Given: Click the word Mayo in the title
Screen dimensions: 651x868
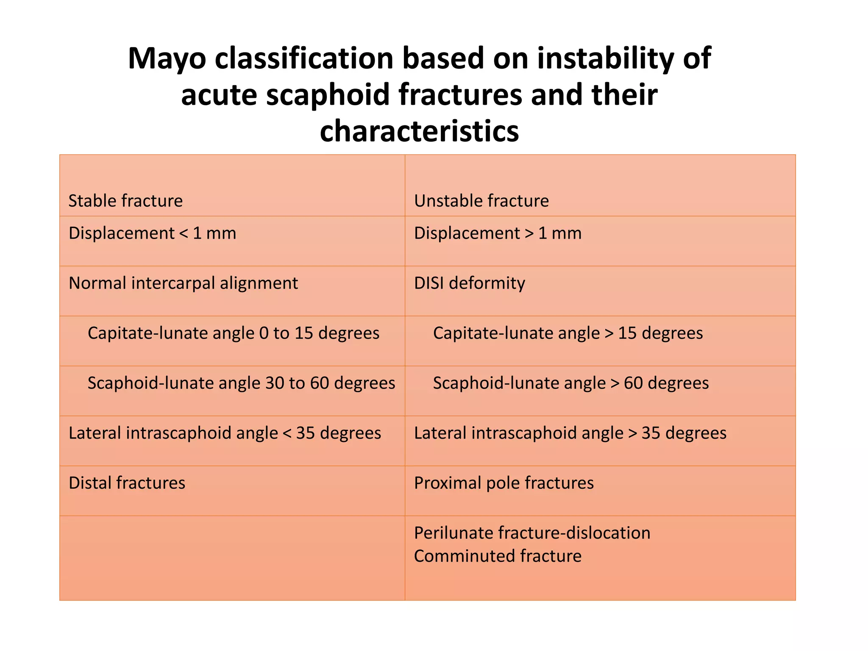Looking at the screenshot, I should coord(167,58).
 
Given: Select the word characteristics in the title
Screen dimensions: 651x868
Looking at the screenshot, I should coord(419,131).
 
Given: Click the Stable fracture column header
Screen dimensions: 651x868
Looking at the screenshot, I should coord(125,201).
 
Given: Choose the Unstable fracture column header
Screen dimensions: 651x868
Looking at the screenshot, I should coord(481,201).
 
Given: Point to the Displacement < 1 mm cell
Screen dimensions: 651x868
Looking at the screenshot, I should coord(152,234).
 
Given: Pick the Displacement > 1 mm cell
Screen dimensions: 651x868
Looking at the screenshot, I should coord(498,234).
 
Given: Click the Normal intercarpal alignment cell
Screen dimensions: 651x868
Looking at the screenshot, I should coord(183,283).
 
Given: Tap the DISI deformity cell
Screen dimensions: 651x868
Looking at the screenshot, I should coord(469,283).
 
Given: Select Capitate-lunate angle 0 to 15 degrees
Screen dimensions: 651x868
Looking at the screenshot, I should coord(233,333).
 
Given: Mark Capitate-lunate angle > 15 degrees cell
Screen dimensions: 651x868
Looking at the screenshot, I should coord(568,333).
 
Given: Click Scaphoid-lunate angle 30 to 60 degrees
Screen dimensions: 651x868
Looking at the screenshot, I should coord(241,383).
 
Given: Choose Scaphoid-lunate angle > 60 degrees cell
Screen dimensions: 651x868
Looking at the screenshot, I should coord(570,383).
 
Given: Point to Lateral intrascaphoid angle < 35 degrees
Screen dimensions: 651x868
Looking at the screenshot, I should coord(225,433).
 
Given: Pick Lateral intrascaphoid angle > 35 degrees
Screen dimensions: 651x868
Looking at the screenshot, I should coord(570,433).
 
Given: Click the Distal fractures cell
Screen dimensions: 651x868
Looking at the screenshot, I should coord(127,483).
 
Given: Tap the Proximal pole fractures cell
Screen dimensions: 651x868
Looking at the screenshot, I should coord(504,483).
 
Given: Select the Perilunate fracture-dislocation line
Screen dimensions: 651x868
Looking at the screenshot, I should coord(532,533).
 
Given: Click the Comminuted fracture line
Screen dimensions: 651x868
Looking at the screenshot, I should coord(498,556).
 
